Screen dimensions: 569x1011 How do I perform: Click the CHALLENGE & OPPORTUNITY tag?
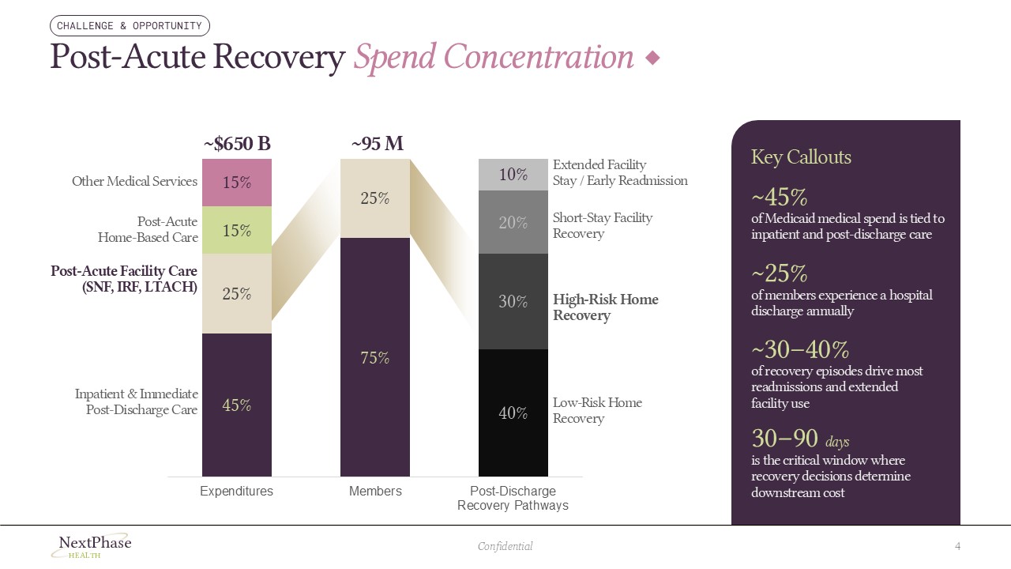click(130, 26)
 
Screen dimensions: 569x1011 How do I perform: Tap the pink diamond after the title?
click(652, 58)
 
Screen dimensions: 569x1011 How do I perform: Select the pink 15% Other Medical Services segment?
click(237, 183)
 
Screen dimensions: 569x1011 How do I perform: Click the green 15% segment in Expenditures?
click(237, 231)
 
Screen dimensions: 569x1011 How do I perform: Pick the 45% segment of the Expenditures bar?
click(237, 405)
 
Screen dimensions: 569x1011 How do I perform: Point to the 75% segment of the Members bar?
click(375, 357)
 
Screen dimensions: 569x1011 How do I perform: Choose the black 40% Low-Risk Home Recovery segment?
click(513, 413)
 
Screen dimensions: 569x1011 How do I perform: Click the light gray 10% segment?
click(513, 175)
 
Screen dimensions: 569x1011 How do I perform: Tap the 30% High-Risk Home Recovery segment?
click(513, 301)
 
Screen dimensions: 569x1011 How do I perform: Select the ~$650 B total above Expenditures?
click(237, 144)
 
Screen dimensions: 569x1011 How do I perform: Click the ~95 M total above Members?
click(377, 144)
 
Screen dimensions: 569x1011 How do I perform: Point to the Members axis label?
click(375, 492)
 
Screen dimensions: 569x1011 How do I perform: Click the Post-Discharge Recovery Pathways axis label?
click(513, 498)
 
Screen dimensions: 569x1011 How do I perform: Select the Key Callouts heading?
click(801, 157)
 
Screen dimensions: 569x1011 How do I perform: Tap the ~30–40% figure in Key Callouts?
click(799, 349)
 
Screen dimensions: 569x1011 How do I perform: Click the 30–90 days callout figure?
click(799, 439)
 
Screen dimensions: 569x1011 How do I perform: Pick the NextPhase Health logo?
click(92, 545)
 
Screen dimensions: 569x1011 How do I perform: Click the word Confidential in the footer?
click(505, 546)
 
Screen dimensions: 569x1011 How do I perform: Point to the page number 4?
click(957, 546)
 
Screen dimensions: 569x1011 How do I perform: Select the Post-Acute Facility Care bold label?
click(124, 279)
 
